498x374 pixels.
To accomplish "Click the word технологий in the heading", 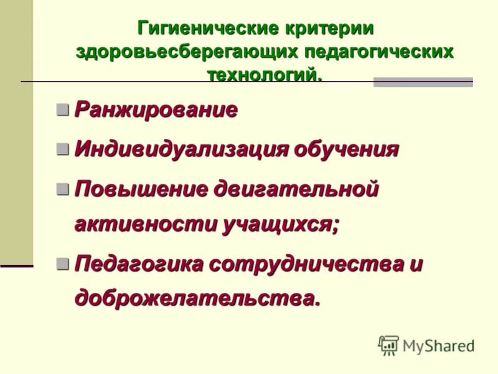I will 265,74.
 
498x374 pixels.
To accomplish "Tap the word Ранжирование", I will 156,110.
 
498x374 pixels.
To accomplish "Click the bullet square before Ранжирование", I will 62,110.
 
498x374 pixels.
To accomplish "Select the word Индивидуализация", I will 182,149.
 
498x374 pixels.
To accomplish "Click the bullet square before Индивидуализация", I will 62,149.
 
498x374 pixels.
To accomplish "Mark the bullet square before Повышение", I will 62,189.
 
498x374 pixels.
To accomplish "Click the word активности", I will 144,224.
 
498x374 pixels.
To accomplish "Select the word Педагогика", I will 139,263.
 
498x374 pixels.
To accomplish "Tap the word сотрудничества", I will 305,263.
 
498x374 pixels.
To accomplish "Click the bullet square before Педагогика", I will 62,263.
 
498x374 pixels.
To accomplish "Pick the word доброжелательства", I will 197,297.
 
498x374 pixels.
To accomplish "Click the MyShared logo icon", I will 388,345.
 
